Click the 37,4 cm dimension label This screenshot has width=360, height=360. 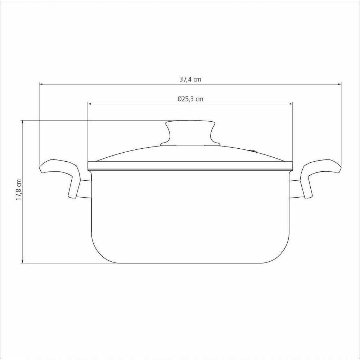point(190,80)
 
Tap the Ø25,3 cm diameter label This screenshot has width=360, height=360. point(190,99)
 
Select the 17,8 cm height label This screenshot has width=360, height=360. point(19,190)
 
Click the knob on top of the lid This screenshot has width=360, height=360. point(190,133)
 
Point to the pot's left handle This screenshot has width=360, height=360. point(60,177)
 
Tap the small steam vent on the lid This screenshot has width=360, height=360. point(253,151)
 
